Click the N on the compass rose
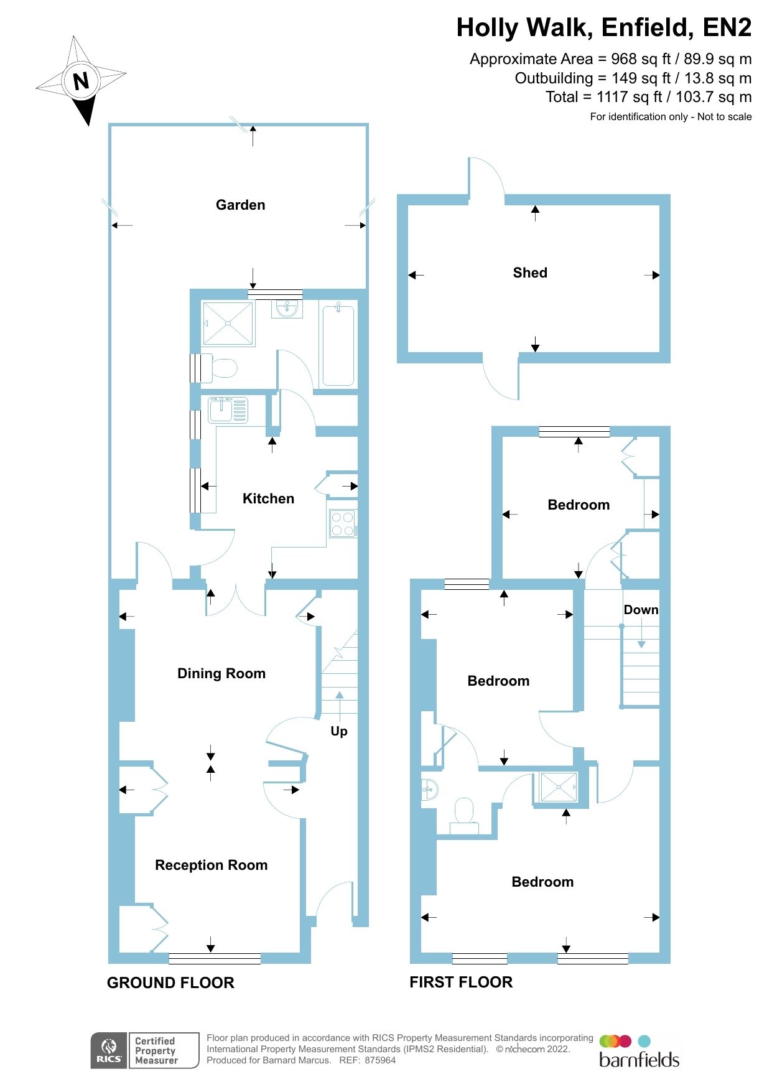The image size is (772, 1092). pos(81,81)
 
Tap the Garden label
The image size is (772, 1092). pos(240,205)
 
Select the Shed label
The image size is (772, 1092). pos(529,273)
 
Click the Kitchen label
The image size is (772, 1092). pos(268,498)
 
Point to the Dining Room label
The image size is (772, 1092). pos(221,673)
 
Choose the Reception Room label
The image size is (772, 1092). pos(211,865)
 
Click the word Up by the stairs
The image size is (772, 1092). pos(338,731)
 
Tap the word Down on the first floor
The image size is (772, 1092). pos(641,610)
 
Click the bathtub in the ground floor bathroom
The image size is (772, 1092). pos(338,345)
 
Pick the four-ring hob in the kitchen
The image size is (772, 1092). pos(343,523)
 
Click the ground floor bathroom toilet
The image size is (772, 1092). pos(223,368)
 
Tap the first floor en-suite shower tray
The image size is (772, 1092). pos(559,787)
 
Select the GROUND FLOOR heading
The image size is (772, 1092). pos(170,982)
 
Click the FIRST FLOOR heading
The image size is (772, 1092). pos(460,982)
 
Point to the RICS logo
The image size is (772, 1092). pos(109,1050)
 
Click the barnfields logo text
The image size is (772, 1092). pos(639,1059)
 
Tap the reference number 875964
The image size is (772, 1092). pos(380,1060)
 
